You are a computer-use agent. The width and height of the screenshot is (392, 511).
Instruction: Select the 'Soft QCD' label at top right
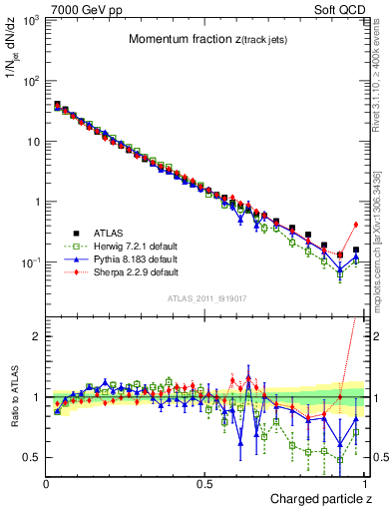(x=338, y=8)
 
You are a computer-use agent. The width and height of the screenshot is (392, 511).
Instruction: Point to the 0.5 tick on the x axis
(x=204, y=484)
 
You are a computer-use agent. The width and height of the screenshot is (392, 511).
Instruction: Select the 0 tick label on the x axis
(x=47, y=484)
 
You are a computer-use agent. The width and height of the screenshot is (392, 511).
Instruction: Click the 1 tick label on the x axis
(x=363, y=484)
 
